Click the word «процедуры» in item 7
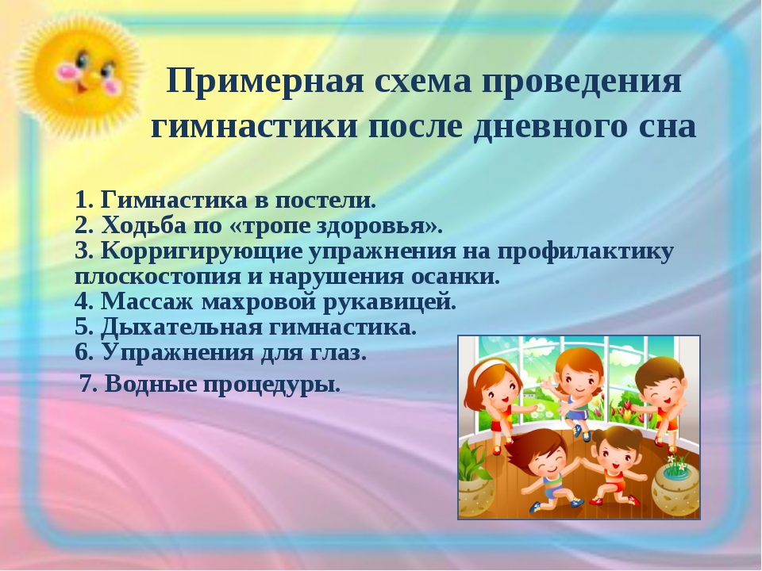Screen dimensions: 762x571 point(271,385)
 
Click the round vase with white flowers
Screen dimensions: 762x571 point(675,487)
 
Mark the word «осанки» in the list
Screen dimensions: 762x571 point(456,277)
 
